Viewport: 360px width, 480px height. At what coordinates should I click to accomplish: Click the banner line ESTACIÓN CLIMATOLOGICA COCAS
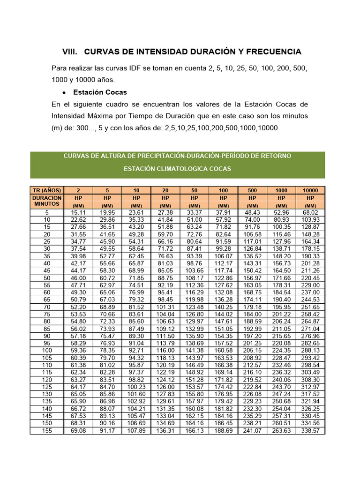click(x=177, y=169)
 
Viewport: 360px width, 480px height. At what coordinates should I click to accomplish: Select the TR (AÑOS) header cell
click(x=47, y=190)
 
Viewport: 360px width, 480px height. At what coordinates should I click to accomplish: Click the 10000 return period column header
click(x=310, y=190)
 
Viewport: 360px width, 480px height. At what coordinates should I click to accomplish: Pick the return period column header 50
click(x=194, y=190)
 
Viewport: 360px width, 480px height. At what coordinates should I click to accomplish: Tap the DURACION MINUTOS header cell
click(x=47, y=202)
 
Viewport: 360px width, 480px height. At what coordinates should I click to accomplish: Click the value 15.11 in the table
click(x=78, y=212)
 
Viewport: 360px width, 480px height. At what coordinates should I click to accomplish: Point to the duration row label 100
click(x=47, y=350)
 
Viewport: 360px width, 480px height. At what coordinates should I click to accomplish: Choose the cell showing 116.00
click(x=165, y=350)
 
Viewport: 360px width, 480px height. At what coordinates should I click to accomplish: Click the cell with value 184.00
click(x=252, y=314)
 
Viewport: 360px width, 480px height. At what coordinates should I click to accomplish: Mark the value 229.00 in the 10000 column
click(x=310, y=285)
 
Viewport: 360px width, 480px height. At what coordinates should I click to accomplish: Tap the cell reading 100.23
click(x=136, y=387)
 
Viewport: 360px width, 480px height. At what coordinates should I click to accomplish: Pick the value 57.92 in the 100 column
click(x=223, y=219)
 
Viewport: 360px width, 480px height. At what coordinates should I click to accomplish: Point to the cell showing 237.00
click(x=310, y=292)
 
